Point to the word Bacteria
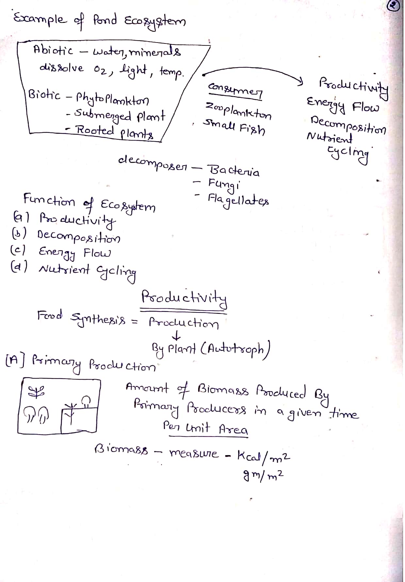pos(234,171)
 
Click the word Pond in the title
pos(105,20)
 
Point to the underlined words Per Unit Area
pos(205,428)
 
